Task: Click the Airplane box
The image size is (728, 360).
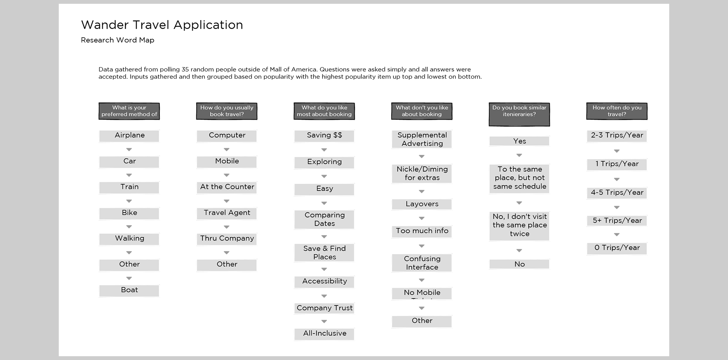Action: pyautogui.click(x=129, y=136)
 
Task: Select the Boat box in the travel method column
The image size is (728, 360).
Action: pyautogui.click(x=129, y=290)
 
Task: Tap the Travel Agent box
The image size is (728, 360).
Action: pyautogui.click(x=227, y=213)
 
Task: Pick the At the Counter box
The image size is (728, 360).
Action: pyautogui.click(x=227, y=187)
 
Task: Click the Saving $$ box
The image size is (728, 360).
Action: pyautogui.click(x=324, y=136)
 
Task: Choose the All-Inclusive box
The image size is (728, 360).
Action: pyautogui.click(x=324, y=334)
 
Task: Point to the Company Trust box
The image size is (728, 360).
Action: pyautogui.click(x=324, y=308)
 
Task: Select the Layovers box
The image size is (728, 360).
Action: pyautogui.click(x=422, y=204)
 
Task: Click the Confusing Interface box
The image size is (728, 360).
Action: pyautogui.click(x=422, y=263)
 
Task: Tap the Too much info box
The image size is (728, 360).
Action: pyautogui.click(x=422, y=231)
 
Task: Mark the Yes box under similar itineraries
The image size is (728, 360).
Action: pyautogui.click(x=519, y=141)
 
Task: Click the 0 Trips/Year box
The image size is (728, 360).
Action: pyautogui.click(x=617, y=248)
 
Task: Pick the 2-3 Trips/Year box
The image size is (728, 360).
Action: pyautogui.click(x=617, y=136)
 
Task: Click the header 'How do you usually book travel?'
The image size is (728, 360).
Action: pyautogui.click(x=227, y=111)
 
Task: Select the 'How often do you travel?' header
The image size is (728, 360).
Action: pyautogui.click(x=617, y=111)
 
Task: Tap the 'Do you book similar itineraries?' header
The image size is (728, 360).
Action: pyautogui.click(x=519, y=114)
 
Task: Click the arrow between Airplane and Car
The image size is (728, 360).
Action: pyautogui.click(x=129, y=150)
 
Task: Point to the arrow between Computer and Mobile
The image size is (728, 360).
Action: pyautogui.click(x=227, y=150)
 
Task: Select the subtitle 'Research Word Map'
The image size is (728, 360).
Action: pyautogui.click(x=118, y=40)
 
